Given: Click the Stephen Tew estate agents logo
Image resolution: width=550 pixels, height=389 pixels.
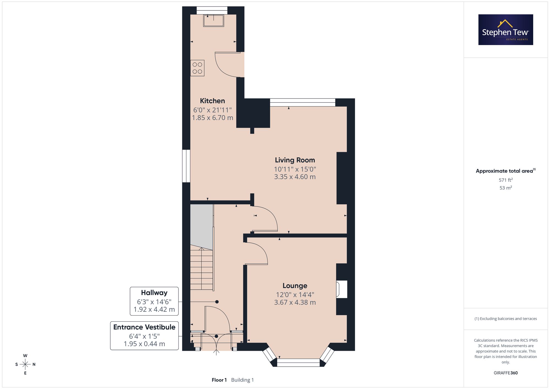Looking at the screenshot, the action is (x=506, y=30).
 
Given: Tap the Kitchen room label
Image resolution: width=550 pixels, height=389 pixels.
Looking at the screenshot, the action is (x=212, y=101).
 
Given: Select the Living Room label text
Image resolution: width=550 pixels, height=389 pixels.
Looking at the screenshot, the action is (x=295, y=160).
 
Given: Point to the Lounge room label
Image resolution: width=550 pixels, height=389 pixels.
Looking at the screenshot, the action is (x=295, y=286).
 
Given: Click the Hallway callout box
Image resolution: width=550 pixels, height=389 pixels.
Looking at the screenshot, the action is (x=154, y=301).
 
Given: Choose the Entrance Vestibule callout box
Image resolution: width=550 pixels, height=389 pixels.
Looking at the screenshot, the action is (x=144, y=336).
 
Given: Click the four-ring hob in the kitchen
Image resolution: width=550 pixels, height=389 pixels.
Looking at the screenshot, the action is (x=197, y=68).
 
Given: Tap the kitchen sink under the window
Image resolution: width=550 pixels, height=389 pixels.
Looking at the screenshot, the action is (x=213, y=21).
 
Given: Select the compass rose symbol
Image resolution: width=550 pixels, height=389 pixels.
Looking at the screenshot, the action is (x=25, y=365).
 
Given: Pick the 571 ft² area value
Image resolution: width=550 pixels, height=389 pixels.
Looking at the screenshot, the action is (x=506, y=180).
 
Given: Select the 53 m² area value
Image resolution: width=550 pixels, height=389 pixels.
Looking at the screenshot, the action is (x=506, y=188).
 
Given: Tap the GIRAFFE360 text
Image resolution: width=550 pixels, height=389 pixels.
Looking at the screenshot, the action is (x=506, y=373).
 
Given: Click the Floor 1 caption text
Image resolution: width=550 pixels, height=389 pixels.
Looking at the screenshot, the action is (x=219, y=380).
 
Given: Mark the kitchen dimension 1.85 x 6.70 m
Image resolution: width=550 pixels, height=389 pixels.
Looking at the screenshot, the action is (x=212, y=118).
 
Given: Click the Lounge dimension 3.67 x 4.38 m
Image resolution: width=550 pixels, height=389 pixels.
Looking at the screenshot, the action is (x=295, y=302).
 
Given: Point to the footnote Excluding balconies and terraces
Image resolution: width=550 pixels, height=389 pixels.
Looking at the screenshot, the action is (x=506, y=319).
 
